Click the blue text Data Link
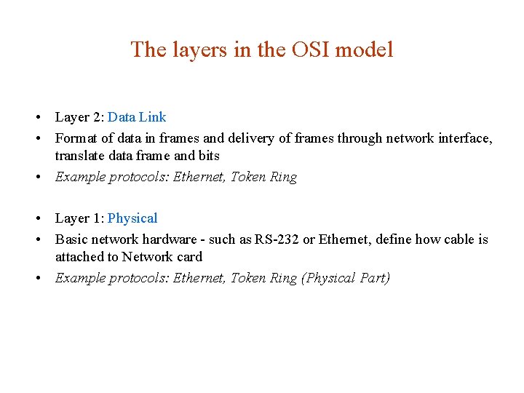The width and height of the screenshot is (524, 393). (x=137, y=117)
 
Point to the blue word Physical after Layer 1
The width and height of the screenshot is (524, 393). (x=132, y=218)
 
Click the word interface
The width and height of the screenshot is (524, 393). (x=463, y=138)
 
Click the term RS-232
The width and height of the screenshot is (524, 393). (x=277, y=239)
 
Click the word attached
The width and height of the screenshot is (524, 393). (x=79, y=257)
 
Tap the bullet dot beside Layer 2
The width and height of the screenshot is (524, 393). (x=35, y=118)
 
